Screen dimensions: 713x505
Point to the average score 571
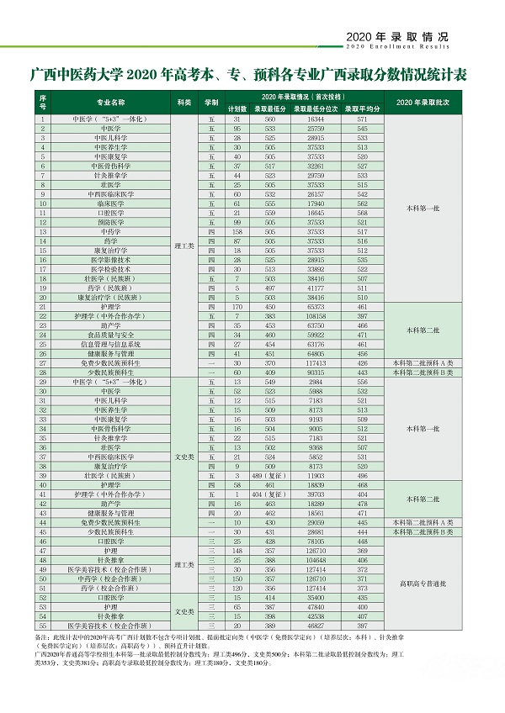click(362, 119)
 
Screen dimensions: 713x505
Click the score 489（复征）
click(267, 475)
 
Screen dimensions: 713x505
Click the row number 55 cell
click(43, 626)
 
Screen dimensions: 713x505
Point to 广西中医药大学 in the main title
click(77, 75)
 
